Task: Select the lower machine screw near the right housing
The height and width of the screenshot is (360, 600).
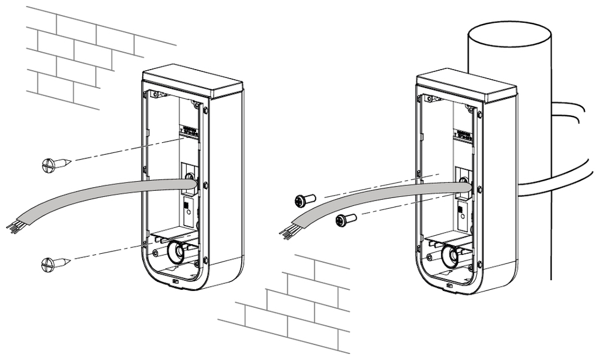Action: [x=345, y=220]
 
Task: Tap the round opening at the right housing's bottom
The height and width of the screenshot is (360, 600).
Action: [x=449, y=256]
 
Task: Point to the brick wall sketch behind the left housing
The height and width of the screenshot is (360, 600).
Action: [x=78, y=54]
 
